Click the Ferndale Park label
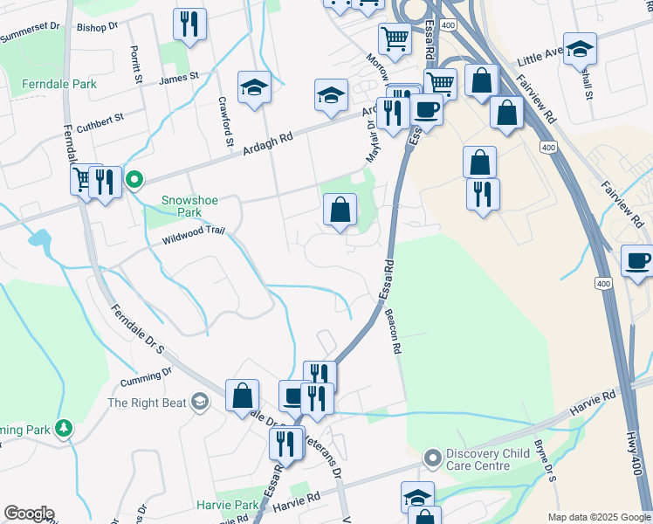tap(59, 84)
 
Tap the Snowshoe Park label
tap(189, 206)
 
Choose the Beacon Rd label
tap(395, 334)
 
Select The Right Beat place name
tap(147, 403)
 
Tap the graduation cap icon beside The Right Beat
tap(199, 402)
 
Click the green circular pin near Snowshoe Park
tap(134, 181)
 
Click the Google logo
tap(29, 514)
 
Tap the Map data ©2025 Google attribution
tap(598, 517)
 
